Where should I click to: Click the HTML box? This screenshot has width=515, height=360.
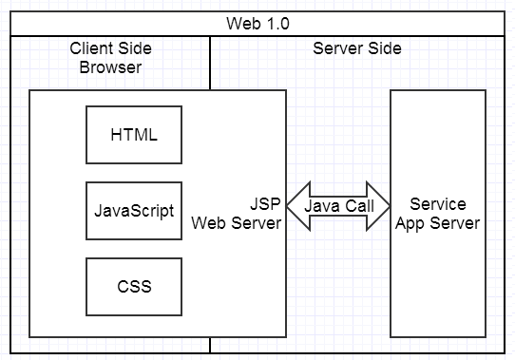pyautogui.click(x=134, y=134)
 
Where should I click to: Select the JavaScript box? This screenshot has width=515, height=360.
pyautogui.click(x=134, y=210)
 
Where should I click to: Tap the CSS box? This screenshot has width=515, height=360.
pyautogui.click(x=134, y=286)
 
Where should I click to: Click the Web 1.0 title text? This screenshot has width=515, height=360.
pyautogui.click(x=257, y=23)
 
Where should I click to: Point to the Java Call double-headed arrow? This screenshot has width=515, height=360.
pyautogui.click(x=338, y=207)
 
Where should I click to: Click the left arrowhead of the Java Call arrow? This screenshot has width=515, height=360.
pyautogui.click(x=296, y=207)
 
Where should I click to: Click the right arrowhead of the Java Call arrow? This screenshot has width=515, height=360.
pyautogui.click(x=379, y=207)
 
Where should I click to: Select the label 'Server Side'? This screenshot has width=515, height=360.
pyautogui.click(x=356, y=48)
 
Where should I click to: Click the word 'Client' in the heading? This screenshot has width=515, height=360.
pyautogui.click(x=91, y=48)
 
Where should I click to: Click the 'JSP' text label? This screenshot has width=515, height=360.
pyautogui.click(x=265, y=204)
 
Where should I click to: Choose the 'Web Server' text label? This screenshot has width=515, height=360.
pyautogui.click(x=237, y=223)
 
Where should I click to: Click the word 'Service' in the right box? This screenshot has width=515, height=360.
pyautogui.click(x=438, y=204)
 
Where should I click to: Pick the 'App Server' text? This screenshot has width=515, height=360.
pyautogui.click(x=438, y=223)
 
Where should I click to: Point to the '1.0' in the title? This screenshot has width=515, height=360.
pyautogui.click(x=277, y=23)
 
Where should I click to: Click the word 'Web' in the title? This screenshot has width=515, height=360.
pyautogui.click(x=243, y=23)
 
